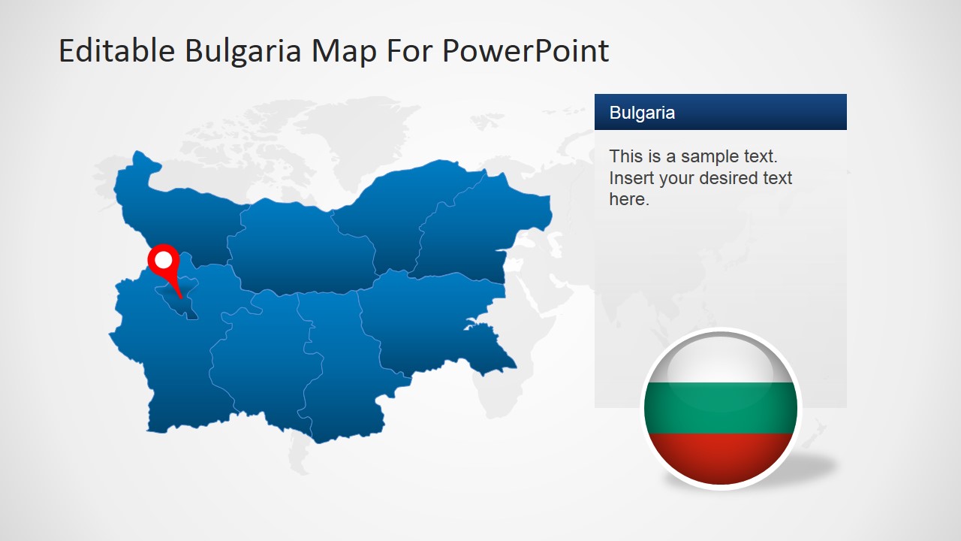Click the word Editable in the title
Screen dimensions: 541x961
[116, 51]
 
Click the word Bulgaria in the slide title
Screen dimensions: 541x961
[243, 51]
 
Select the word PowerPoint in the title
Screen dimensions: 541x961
[526, 51]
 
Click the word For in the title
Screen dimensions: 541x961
[410, 51]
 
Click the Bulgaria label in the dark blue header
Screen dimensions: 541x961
[642, 113]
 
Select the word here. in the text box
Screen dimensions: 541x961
[629, 199]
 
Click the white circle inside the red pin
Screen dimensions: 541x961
[163, 260]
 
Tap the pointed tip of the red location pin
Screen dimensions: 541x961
[180, 298]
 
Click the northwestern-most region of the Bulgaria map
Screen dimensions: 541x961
[173, 210]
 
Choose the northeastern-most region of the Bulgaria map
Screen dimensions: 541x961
[480, 225]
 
